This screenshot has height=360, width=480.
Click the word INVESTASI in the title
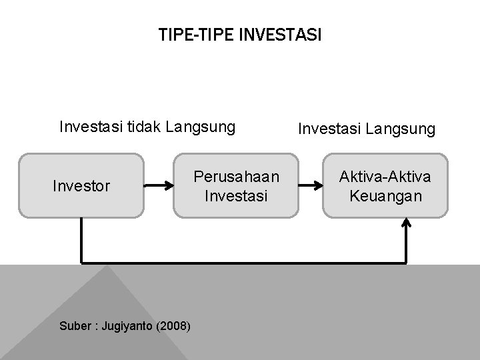279,35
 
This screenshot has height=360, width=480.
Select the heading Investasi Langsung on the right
366,128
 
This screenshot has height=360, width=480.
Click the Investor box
81,186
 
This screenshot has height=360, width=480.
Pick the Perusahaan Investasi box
236,186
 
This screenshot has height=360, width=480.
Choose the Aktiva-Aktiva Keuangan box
385,186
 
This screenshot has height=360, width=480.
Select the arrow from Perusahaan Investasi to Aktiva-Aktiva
310,187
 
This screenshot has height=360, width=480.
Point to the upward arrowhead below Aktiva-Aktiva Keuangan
407,224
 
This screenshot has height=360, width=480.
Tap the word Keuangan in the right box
385,196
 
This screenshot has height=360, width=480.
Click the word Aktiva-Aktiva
385,177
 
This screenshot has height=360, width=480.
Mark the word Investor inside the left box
81,187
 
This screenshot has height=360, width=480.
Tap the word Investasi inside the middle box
236,197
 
